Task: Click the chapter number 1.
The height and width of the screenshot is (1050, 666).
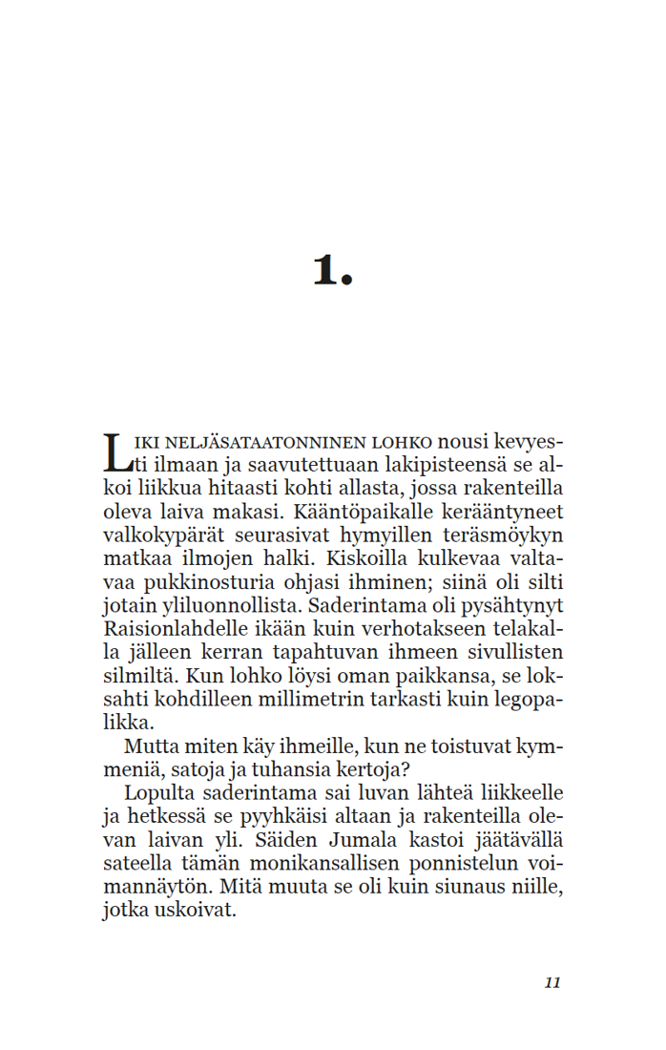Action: click(331, 271)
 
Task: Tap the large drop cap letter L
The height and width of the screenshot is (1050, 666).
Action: click(114, 452)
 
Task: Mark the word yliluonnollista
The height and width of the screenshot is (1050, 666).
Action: click(226, 606)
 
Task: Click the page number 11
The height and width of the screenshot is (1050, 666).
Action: click(552, 983)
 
